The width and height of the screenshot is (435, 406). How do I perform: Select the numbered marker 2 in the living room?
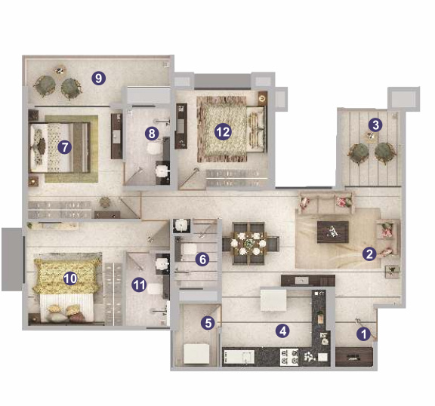(369, 254)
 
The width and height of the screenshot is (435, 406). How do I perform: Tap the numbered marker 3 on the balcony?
(375, 125)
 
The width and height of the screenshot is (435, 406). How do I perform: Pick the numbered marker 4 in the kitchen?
(282, 330)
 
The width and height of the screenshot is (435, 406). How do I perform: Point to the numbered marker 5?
(208, 322)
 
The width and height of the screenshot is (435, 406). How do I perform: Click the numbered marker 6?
(202, 260)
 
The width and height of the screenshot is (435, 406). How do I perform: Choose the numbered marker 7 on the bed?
(65, 147)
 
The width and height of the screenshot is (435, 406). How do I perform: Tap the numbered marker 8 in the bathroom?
(153, 134)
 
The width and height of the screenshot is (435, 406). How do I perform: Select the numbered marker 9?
(97, 76)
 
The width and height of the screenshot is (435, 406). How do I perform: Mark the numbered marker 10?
(70, 278)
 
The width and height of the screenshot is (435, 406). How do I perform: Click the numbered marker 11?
(139, 285)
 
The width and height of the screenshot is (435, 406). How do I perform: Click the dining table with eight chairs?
(250, 243)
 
